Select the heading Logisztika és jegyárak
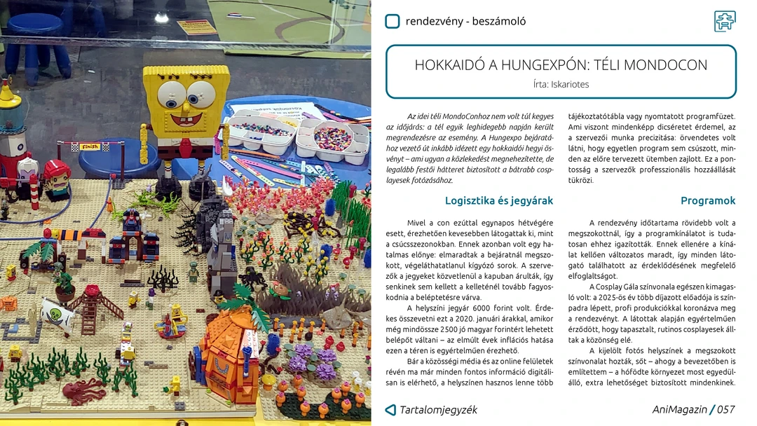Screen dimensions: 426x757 499,200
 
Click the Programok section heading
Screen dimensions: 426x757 708,200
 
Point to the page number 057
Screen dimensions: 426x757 726,410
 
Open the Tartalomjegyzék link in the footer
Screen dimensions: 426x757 438,410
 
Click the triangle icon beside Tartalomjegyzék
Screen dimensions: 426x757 390,410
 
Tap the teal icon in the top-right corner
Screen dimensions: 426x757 725,21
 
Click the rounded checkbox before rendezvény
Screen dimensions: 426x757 393,21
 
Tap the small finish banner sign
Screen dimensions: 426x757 89,147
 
